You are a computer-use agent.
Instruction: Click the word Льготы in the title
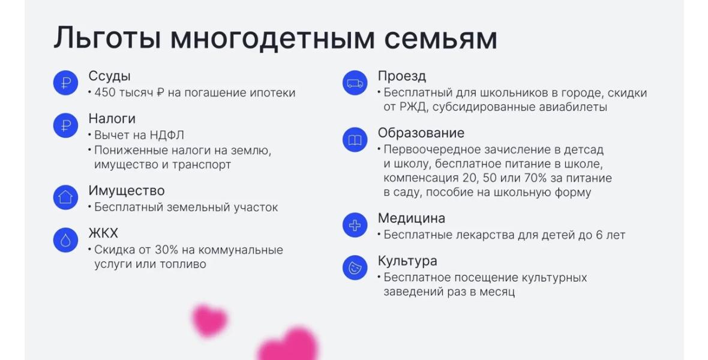107,38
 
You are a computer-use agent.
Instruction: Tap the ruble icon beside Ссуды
66,83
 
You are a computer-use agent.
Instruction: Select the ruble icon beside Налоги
66,125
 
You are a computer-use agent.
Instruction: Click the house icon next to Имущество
66,197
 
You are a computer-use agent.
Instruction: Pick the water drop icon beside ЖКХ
66,240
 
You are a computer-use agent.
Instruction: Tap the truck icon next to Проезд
355,83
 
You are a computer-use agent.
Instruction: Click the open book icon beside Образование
355,140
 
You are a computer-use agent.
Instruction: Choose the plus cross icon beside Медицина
355,225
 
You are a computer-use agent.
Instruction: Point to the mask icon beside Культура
355,268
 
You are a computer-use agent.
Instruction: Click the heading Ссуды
109,76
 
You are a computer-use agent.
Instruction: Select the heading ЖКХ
103,233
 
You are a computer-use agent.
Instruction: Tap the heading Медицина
412,218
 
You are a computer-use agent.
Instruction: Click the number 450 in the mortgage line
105,93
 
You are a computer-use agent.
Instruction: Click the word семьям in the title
440,39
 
